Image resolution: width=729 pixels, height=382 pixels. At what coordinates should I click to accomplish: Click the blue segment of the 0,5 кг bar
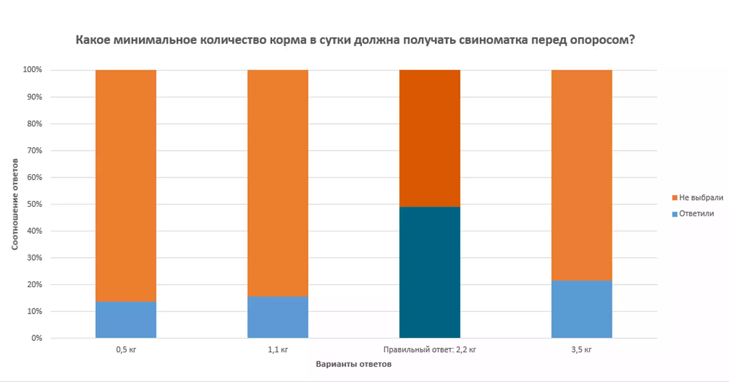point(126,319)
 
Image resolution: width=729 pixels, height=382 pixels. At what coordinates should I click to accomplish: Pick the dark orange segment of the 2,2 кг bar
point(430,138)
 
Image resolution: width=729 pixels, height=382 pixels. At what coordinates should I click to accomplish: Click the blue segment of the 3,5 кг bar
point(582,309)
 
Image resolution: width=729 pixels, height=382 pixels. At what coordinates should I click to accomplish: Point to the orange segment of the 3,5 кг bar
point(582,175)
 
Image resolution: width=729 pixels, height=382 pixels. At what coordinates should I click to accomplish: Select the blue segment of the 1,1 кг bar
point(278,317)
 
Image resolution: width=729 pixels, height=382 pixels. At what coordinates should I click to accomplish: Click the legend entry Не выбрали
point(697,198)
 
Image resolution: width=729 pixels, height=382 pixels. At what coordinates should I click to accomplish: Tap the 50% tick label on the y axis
point(35,204)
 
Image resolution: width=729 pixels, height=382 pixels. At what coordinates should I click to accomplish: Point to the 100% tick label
point(32,70)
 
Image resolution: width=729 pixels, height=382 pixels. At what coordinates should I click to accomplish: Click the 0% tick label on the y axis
point(37,338)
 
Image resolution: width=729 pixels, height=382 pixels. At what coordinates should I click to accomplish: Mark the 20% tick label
point(35,284)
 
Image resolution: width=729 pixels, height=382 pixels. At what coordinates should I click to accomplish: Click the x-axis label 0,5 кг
point(126,349)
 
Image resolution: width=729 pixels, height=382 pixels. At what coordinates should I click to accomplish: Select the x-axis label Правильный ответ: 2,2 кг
point(430,349)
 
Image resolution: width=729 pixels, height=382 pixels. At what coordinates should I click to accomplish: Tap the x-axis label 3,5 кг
point(582,349)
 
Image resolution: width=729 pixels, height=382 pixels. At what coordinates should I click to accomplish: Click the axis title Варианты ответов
point(353,364)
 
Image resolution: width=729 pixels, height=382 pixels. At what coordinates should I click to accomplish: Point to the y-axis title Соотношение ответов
point(15,204)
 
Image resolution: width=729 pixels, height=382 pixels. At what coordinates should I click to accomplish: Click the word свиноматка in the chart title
point(493,40)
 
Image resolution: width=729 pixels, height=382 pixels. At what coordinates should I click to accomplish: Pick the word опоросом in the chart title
point(602,40)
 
